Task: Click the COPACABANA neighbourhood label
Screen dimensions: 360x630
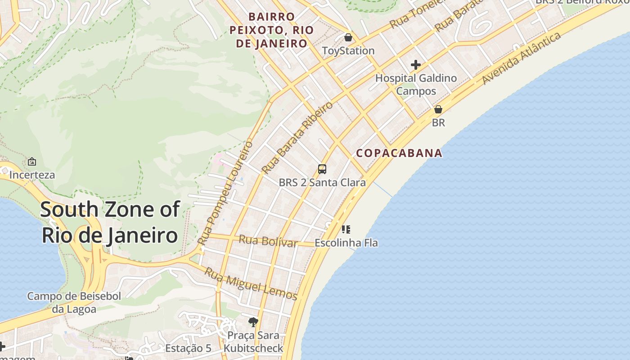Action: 399,153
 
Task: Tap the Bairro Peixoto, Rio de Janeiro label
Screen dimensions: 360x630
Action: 271,30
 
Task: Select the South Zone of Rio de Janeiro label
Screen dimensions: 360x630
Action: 110,222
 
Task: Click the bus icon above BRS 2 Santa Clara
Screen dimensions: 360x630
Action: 322,169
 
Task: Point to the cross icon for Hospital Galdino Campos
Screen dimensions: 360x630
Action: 416,65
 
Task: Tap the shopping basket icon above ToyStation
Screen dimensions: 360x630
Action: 348,37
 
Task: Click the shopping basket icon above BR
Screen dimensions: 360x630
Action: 438,109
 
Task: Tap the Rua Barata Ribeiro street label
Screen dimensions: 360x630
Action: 297,138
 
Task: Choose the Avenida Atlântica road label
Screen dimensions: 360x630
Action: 522,58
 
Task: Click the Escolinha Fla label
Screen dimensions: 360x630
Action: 346,243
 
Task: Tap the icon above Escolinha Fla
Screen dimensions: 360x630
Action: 346,229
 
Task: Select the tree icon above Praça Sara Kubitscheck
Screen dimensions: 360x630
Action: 253,322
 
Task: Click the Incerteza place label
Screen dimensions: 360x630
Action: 32,175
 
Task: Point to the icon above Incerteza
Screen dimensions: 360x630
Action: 32,162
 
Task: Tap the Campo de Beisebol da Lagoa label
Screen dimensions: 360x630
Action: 74,302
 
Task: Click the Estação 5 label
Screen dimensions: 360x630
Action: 188,348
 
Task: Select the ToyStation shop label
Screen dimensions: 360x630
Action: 348,51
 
